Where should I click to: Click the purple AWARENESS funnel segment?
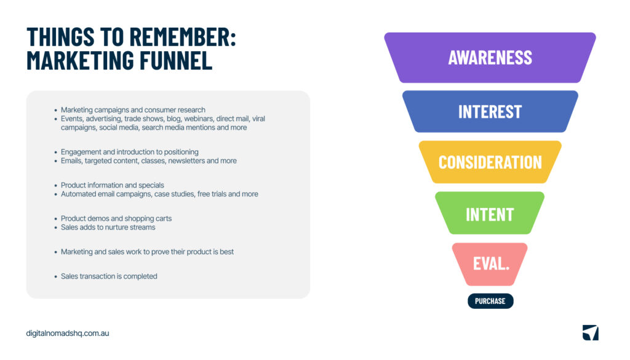[490, 57]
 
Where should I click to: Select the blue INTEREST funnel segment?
[490, 111]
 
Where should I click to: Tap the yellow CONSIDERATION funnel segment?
[490, 162]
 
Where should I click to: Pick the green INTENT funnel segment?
[490, 214]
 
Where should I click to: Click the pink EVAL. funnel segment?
[490, 264]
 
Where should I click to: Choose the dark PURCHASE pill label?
[490, 301]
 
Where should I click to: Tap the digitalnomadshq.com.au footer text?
[68, 333]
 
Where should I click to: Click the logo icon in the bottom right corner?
[590, 332]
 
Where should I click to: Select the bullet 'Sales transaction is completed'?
[109, 276]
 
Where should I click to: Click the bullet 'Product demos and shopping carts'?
[116, 218]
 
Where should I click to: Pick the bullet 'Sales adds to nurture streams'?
[108, 227]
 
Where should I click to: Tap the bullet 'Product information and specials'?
[113, 185]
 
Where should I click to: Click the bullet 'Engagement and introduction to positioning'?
[130, 152]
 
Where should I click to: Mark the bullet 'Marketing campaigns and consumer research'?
[133, 110]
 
